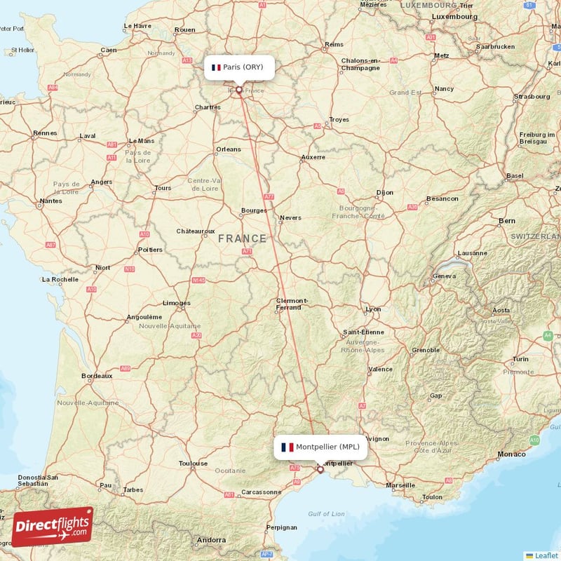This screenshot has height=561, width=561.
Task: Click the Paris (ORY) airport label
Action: click(238, 67)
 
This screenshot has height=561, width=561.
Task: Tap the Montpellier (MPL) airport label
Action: click(320, 447)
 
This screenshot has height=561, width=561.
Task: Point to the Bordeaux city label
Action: click(97, 376)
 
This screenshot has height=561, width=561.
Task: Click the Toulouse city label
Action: click(193, 464)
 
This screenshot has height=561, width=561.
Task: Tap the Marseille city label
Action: click(400, 485)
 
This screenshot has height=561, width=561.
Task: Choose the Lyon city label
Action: click(373, 309)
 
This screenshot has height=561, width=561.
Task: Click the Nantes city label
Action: click(50, 201)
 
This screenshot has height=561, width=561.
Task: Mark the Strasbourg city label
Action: click(532, 96)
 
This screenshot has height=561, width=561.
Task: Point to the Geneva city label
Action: click(445, 276)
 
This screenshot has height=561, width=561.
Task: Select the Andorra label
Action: click(211, 540)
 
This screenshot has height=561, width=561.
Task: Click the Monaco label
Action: click(511, 454)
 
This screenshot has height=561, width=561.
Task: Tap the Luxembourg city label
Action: click(454, 16)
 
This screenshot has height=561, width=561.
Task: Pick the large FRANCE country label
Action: click(242, 238)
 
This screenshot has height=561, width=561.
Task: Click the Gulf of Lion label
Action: click(327, 514)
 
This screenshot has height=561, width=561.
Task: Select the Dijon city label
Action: click(385, 192)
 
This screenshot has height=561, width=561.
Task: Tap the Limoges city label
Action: click(176, 303)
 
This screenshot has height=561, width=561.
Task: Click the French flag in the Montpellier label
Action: click(287, 447)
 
